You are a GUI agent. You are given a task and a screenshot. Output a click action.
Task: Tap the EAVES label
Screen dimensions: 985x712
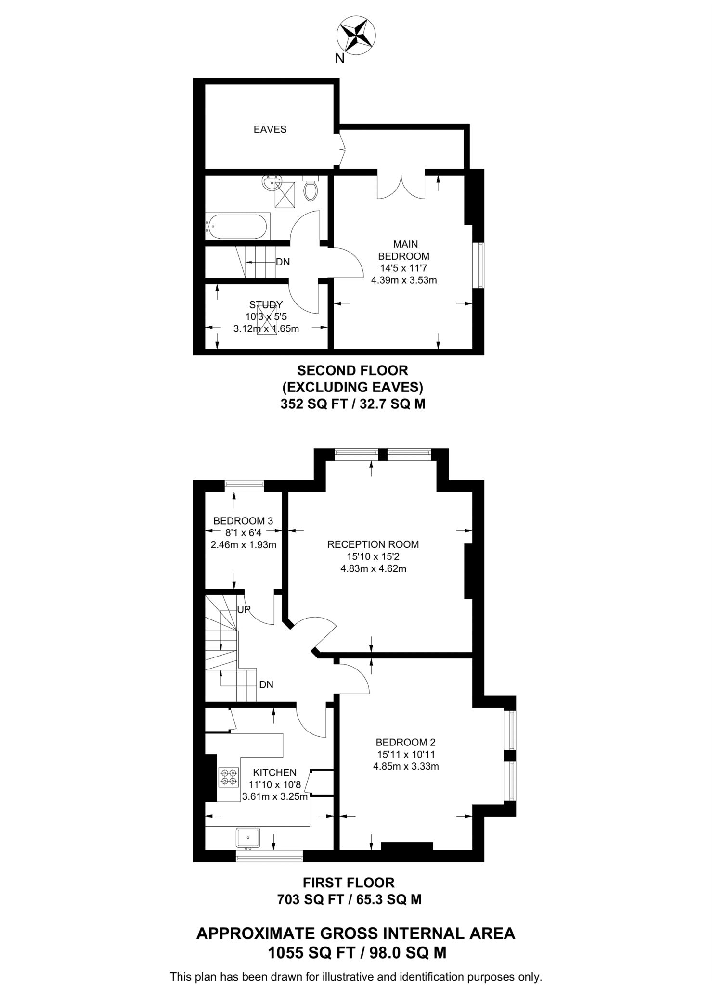coord(270,129)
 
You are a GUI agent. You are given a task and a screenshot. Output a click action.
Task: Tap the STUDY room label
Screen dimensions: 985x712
coord(266,304)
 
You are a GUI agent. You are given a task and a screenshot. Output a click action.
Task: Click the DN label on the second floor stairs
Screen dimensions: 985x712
coord(283,262)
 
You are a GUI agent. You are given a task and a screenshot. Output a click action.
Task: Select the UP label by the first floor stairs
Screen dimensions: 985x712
coord(244,609)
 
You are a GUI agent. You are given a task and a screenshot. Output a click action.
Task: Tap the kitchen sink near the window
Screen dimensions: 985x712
coord(248,837)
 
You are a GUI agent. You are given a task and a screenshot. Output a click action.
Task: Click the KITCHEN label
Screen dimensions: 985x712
coord(274,772)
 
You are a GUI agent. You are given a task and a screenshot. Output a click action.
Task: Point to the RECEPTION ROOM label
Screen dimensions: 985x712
coord(373,544)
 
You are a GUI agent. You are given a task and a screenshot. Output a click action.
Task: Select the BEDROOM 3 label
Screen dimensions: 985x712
coord(243,520)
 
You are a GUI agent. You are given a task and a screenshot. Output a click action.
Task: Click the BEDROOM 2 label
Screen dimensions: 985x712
coord(405,743)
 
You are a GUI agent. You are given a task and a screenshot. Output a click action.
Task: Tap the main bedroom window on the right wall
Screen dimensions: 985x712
coord(479,265)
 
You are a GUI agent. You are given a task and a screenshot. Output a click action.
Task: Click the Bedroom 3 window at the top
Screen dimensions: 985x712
coord(244,486)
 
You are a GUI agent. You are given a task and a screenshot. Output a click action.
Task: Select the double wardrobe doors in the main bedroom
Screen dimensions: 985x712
coord(401,185)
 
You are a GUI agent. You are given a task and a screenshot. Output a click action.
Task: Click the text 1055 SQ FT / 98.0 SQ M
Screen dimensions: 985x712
coord(356,953)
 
